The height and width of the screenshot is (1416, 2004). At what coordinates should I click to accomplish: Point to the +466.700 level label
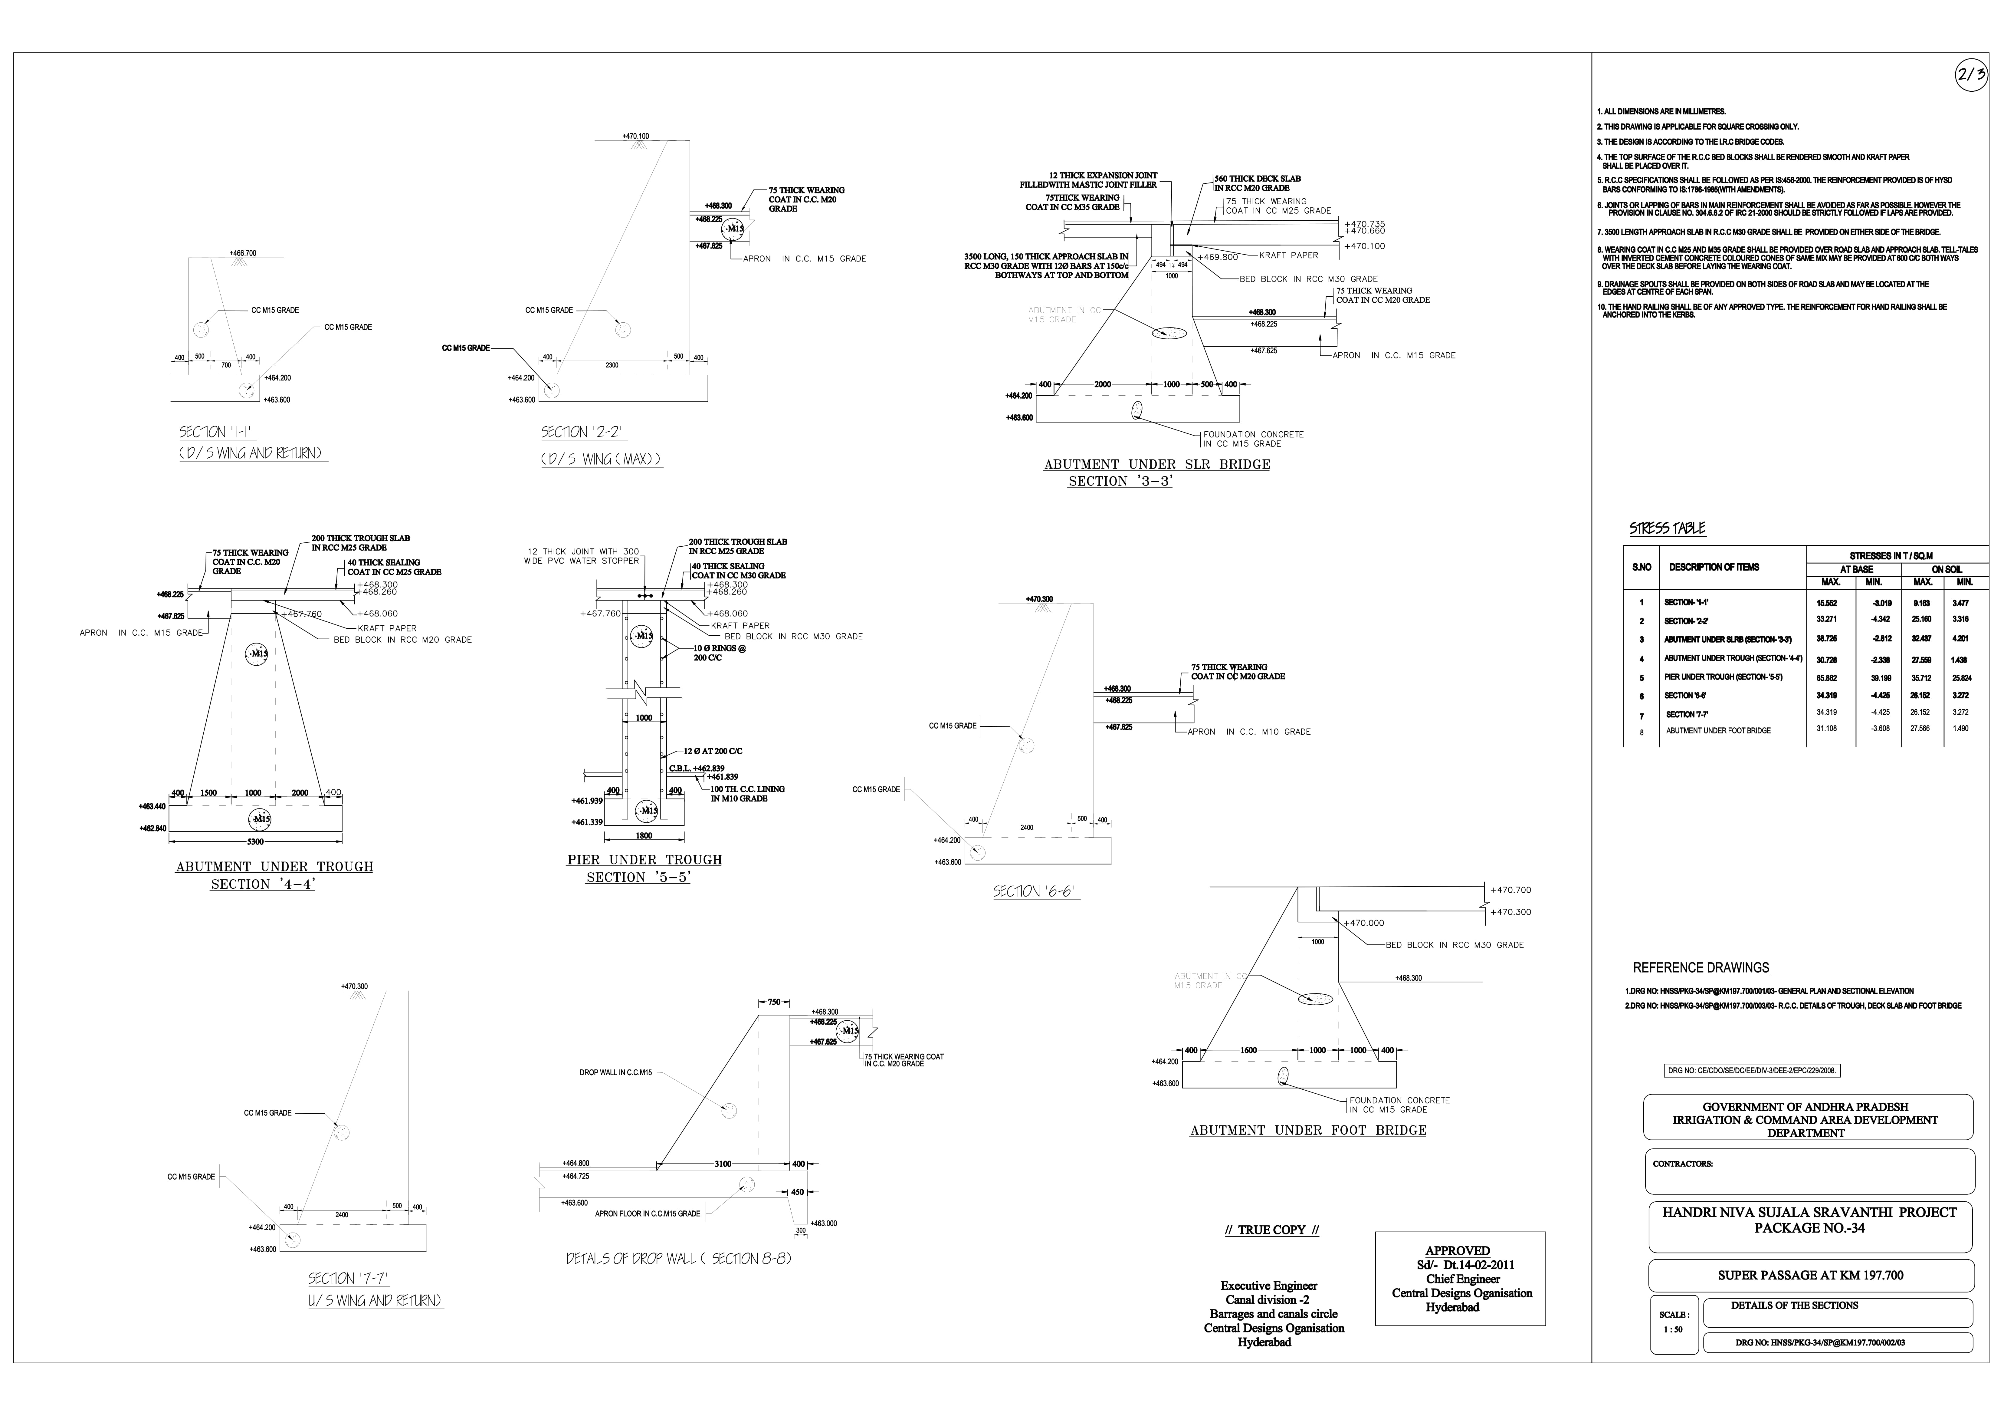coord(243,253)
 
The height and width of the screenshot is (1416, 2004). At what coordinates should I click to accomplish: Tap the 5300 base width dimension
coord(255,841)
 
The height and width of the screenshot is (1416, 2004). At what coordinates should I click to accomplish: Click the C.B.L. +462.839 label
coord(697,768)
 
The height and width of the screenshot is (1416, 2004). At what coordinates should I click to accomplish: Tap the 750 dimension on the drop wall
coord(773,1002)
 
